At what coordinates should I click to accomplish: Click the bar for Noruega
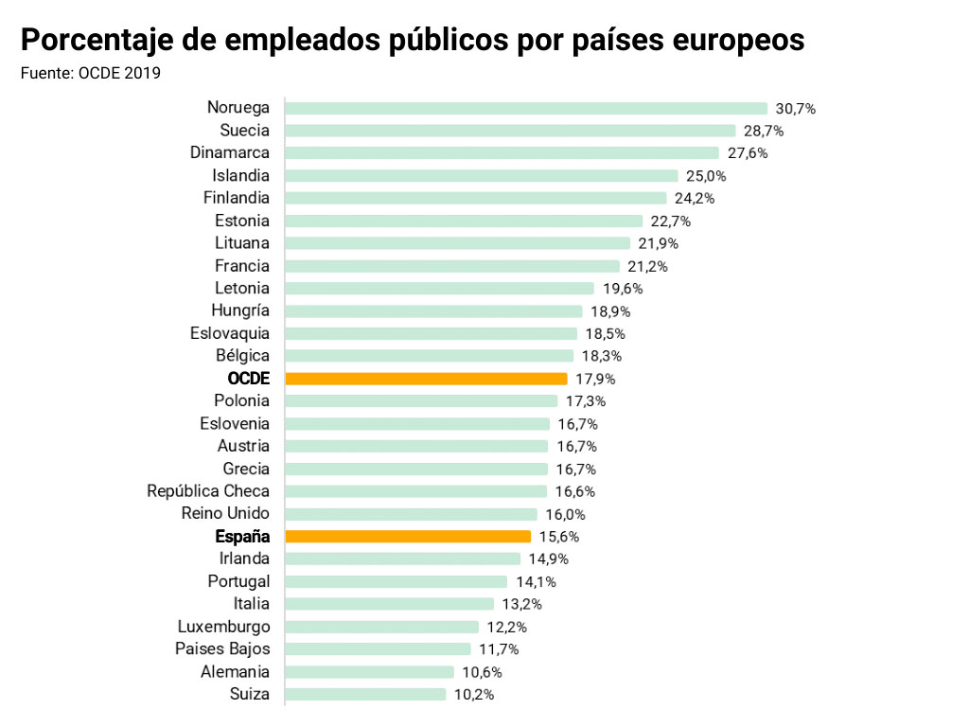coord(525,108)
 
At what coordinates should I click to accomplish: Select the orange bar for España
coord(407,537)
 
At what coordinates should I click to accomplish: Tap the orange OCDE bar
coord(426,379)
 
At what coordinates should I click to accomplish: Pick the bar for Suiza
coord(364,695)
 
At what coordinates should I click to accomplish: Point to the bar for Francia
coord(451,266)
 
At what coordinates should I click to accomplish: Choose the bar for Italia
coord(389,604)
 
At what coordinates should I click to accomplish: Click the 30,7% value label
coord(795,108)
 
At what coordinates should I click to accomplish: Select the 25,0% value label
coord(705,176)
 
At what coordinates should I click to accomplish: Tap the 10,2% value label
coord(473,695)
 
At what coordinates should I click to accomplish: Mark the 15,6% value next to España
coord(558,537)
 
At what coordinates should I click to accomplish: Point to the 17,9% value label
coord(595,379)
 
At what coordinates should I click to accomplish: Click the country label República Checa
coord(208,491)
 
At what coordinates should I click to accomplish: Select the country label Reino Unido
coord(225,514)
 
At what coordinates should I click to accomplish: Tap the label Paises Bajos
coord(222,649)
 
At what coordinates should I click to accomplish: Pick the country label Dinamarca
coord(229,153)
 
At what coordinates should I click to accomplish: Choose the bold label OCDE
coord(248,379)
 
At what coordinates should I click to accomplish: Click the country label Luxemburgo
coord(223,627)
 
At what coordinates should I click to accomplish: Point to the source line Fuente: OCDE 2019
coord(91,72)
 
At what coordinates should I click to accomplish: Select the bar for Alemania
coord(369,672)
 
